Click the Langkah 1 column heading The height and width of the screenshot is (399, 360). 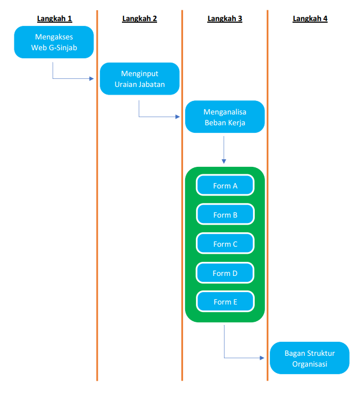tap(55, 19)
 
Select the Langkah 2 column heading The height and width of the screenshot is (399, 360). tap(140, 19)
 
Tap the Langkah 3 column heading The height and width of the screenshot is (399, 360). tap(225, 19)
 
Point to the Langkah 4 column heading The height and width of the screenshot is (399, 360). tap(310, 19)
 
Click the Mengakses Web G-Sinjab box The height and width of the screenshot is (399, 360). tap(54, 42)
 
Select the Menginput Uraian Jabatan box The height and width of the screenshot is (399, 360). tap(139, 79)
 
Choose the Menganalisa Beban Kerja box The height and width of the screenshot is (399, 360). tap(225, 117)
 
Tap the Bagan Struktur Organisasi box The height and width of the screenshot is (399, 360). tap(309, 358)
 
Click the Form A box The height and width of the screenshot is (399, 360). tap(225, 186)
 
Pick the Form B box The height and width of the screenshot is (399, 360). tap(225, 215)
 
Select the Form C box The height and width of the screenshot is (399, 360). tap(225, 244)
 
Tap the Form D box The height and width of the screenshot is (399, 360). tap(225, 273)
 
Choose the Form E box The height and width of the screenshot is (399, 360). tap(225, 302)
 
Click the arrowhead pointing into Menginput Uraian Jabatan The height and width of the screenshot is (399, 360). tap(92, 79)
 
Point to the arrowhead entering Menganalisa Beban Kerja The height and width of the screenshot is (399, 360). tap(178, 117)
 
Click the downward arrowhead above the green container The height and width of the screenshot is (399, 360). tap(224, 161)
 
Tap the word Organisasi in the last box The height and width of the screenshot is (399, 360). tap(309, 363)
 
